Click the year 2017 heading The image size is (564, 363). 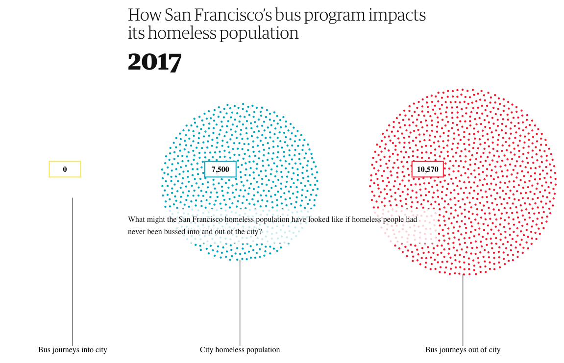point(154,62)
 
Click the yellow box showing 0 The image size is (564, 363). point(65,169)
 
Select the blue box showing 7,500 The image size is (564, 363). point(220,169)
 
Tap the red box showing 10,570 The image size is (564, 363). point(427,169)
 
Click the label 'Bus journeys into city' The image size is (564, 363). point(73,350)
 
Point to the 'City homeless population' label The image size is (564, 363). point(240,350)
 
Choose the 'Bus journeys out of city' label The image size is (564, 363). point(463,350)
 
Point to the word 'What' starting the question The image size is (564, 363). point(137,219)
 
